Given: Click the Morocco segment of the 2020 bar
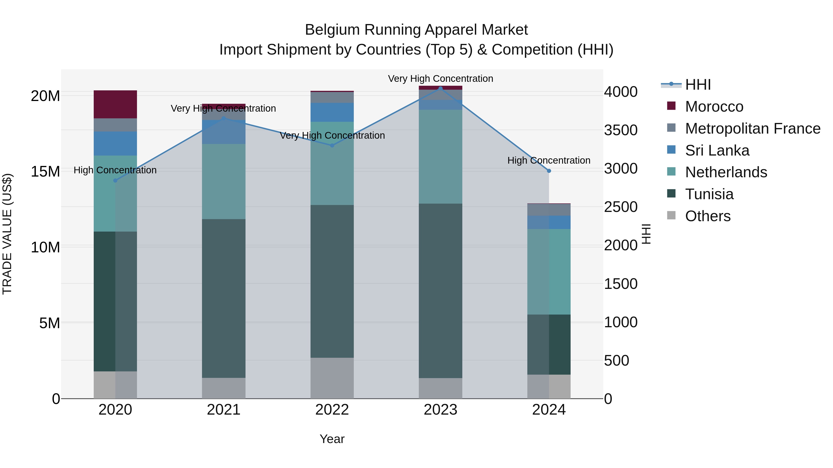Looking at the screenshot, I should [x=115, y=104].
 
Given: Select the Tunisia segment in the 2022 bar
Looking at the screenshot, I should [x=332, y=281].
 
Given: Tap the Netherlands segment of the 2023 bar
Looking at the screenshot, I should [x=440, y=157].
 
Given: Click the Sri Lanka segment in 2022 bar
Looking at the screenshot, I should [x=332, y=112].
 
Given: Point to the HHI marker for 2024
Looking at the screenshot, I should [x=549, y=171].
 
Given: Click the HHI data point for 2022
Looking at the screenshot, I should [x=332, y=146].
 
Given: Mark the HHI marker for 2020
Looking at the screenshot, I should [x=115, y=180].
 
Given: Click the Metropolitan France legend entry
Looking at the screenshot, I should [x=752, y=128].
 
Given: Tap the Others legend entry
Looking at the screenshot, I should [x=708, y=216].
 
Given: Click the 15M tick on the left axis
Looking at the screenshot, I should [x=45, y=171].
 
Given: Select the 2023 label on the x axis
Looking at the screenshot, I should [x=440, y=410].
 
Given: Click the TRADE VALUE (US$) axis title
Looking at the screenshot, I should [x=7, y=234].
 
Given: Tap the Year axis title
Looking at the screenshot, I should [x=332, y=439].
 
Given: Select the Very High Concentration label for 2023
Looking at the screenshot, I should [x=440, y=79].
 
